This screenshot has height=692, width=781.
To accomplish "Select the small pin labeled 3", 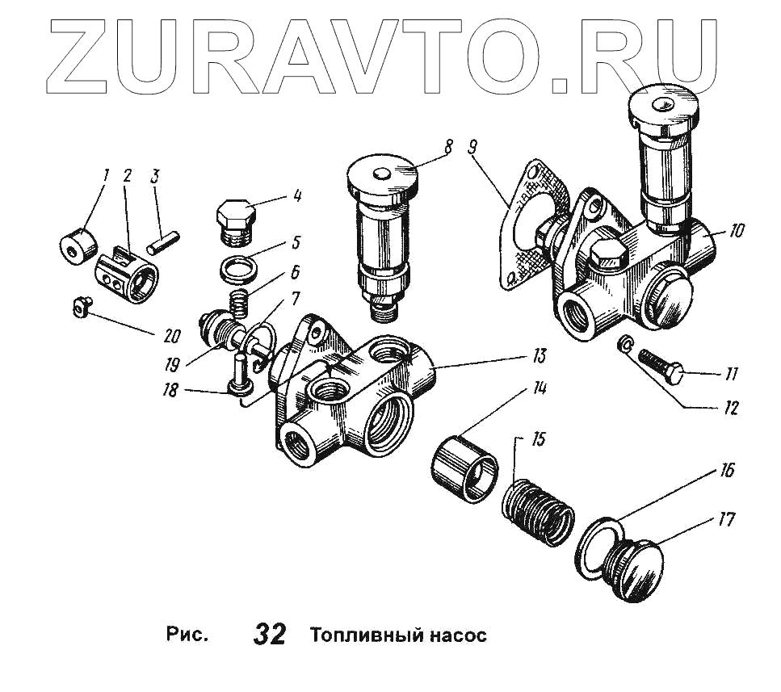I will click(x=166, y=240).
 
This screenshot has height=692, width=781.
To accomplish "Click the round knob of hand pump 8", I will click(x=382, y=175).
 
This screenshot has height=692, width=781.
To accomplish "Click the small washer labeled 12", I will click(x=624, y=345).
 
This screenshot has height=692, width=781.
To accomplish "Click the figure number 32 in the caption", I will click(x=270, y=635).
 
